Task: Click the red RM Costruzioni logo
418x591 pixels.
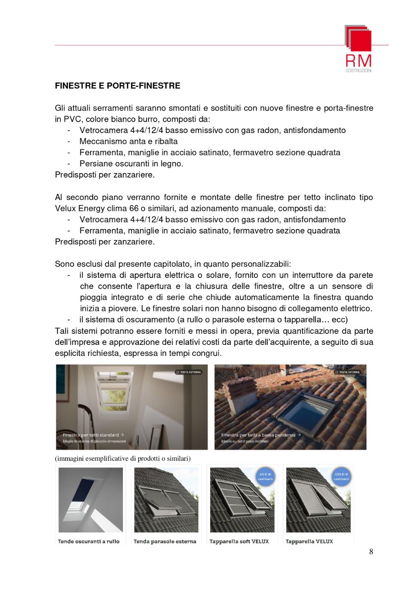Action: [358, 48]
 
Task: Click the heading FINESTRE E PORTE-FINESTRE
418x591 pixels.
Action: [118, 86]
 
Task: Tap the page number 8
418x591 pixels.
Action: [371, 551]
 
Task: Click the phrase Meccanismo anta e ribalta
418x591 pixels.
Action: [129, 141]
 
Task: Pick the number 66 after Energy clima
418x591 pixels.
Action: [134, 208]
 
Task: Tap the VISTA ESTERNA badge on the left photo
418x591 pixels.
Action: [189, 372]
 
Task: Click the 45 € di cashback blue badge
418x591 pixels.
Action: [265, 476]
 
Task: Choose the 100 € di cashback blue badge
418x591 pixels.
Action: [341, 476]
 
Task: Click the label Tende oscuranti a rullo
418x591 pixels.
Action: [89, 542]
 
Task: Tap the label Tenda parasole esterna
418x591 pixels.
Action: [165, 542]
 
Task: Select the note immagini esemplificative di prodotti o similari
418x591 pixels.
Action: [122, 458]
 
